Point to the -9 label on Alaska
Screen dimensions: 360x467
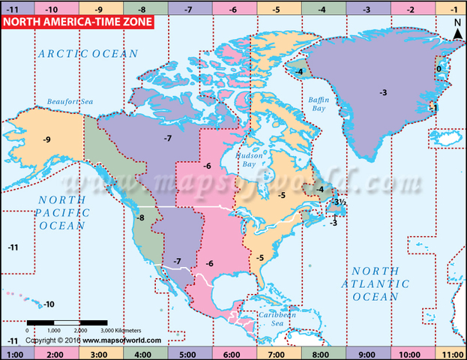46,139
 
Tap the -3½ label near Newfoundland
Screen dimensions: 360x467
340,201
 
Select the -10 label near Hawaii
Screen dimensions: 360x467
49,304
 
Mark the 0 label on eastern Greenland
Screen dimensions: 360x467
439,69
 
